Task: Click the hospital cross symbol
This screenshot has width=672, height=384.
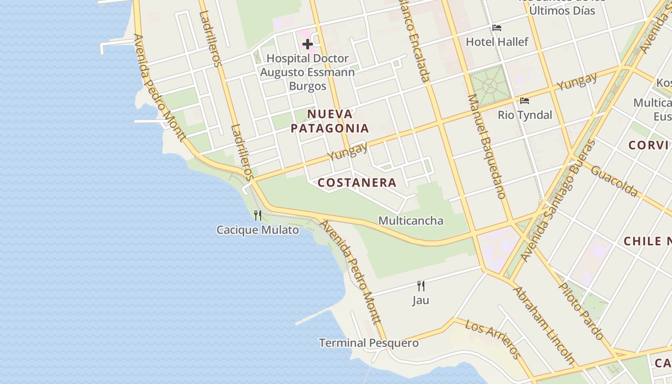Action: [x=307, y=45]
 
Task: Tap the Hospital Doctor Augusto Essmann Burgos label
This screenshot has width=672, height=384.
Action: [x=307, y=72]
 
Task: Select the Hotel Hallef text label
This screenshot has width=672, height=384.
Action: [x=497, y=42]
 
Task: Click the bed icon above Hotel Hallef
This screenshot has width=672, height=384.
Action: [x=497, y=28]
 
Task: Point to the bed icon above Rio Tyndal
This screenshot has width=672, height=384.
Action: [x=525, y=101]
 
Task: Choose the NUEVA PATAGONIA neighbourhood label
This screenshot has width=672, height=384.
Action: [x=330, y=121]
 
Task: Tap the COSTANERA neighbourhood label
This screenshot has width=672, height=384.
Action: [x=357, y=182]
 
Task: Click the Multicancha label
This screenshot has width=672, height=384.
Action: [x=411, y=221]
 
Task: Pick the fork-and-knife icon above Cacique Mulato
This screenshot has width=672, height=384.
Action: [x=258, y=216]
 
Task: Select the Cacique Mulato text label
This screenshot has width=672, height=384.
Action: [x=258, y=230]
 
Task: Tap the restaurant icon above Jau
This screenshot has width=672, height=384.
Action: [x=420, y=286]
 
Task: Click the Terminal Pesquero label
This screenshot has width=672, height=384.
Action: [x=369, y=343]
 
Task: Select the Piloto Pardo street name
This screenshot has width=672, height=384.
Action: [x=581, y=311]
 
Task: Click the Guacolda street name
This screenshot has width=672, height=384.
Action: [x=614, y=181]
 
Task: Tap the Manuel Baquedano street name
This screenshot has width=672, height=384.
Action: [x=486, y=146]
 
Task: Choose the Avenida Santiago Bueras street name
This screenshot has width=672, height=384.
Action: [x=558, y=202]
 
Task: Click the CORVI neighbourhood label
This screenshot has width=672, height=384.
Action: [x=648, y=145]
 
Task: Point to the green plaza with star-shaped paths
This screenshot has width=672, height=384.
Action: [x=489, y=85]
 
